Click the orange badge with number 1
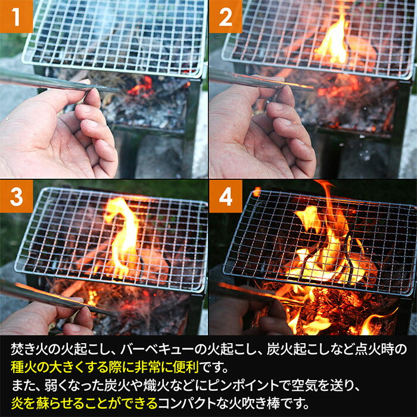click(16, 16)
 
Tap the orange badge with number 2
click(226, 16)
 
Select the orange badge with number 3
click(16, 196)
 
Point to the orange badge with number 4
click(226, 196)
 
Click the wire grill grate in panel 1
click(113, 36)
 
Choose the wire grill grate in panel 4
click(322, 238)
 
